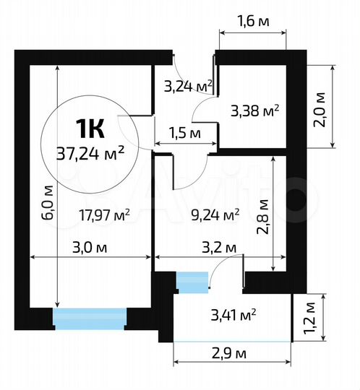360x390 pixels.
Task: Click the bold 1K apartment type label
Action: [x=91, y=129]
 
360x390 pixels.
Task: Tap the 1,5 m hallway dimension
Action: [x=184, y=132]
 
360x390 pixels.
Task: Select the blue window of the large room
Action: [x=90, y=318]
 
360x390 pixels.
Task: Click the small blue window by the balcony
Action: [x=192, y=282]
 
